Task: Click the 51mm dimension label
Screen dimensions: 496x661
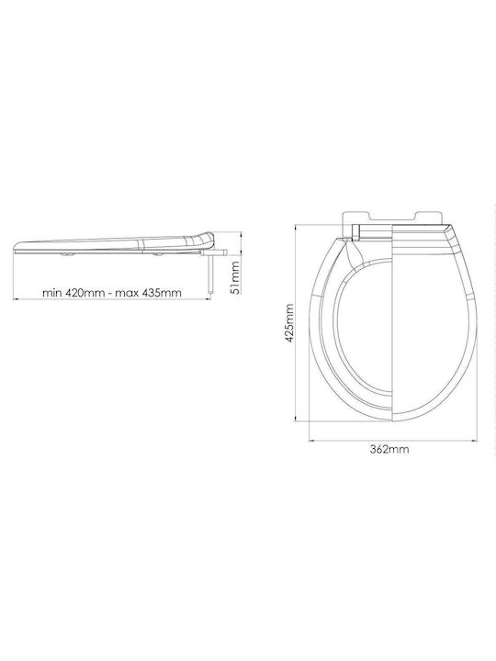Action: point(236,277)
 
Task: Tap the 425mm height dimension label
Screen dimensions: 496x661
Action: point(289,323)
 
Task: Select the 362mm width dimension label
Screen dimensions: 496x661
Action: point(389,449)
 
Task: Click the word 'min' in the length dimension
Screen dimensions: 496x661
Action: point(52,293)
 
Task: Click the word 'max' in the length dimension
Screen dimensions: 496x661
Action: point(127,293)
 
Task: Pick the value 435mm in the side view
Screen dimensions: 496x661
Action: point(162,293)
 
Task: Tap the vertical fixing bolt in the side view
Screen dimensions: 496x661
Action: point(210,274)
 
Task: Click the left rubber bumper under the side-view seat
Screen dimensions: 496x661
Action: point(66,255)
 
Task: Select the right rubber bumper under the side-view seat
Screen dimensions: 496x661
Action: point(159,255)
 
